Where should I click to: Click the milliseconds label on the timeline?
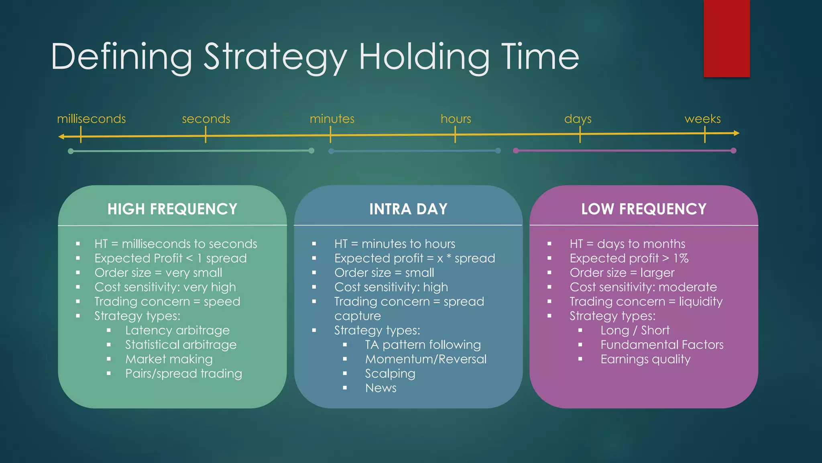(x=91, y=119)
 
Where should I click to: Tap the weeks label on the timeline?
(x=702, y=119)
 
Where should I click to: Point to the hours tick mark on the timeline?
(x=455, y=134)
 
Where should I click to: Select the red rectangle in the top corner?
(x=726, y=38)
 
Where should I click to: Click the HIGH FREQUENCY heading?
(x=172, y=209)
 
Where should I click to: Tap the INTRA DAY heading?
(x=408, y=209)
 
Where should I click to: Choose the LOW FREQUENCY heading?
(x=644, y=209)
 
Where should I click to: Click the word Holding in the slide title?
(x=424, y=57)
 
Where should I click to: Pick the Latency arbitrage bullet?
(x=177, y=330)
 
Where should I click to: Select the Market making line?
(x=169, y=359)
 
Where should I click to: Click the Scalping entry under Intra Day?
(x=390, y=374)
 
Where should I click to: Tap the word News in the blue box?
(x=380, y=388)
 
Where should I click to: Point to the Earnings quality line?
(x=645, y=359)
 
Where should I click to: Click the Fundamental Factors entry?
(x=662, y=345)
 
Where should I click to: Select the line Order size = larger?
(x=622, y=273)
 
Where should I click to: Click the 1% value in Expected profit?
(x=681, y=258)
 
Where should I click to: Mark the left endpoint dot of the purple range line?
(x=516, y=151)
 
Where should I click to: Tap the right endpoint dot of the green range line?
(x=311, y=151)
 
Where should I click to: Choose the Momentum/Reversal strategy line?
(x=425, y=359)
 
